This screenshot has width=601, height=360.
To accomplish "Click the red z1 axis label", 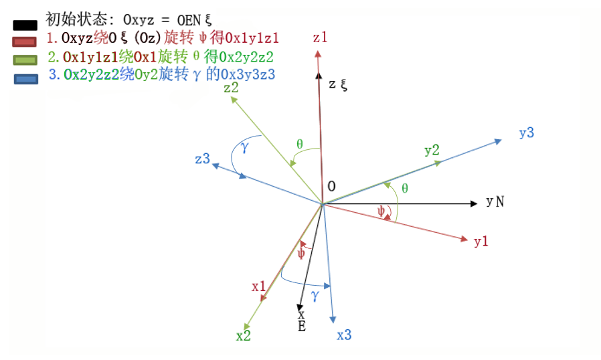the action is [320, 37].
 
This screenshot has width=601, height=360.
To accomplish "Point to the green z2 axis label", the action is [232, 88].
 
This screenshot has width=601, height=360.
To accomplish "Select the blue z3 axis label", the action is [203, 159].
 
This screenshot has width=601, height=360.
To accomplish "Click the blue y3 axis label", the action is [526, 133].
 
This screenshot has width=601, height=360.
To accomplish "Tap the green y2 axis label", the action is [432, 150].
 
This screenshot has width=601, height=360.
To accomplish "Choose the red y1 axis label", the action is [481, 242].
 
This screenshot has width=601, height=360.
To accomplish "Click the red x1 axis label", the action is [259, 286].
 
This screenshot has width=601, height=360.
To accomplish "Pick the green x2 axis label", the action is [243, 336].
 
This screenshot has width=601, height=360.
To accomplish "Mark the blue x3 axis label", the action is [343, 335].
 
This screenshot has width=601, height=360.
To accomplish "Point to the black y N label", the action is [495, 201].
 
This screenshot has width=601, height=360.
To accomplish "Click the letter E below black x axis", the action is [301, 326].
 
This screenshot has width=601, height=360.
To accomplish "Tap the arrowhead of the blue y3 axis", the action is [499, 141].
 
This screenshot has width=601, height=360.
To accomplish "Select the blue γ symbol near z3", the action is [245, 148].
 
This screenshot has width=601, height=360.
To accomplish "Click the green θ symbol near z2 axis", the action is [299, 144].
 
